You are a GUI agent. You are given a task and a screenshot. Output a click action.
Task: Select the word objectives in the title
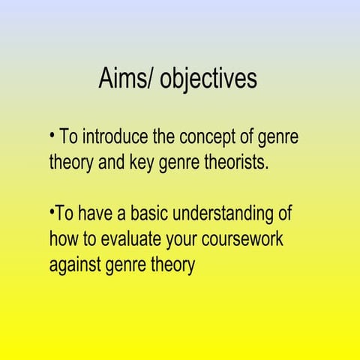pyautogui.click(x=208, y=79)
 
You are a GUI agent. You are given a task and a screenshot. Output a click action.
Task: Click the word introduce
pyautogui.click(x=114, y=138)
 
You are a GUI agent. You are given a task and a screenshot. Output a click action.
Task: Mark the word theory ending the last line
pyautogui.click(x=173, y=265)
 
